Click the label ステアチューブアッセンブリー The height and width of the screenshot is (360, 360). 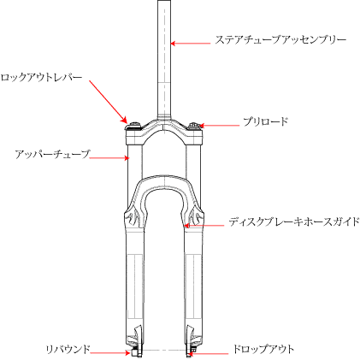pyautogui.click(x=280, y=40)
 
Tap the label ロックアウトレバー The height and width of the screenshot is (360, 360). pyautogui.click(x=41, y=77)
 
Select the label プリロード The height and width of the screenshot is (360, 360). pyautogui.click(x=266, y=121)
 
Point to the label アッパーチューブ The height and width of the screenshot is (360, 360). pyautogui.click(x=53, y=154)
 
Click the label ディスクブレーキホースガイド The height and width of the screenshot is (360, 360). pyautogui.click(x=294, y=221)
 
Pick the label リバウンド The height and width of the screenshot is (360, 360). pyautogui.click(x=68, y=349)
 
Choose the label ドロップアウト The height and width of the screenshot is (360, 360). pyautogui.click(x=263, y=349)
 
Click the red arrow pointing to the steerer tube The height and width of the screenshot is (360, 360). pyautogui.click(x=191, y=44)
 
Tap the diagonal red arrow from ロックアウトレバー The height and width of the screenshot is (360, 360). pyautogui.click(x=108, y=102)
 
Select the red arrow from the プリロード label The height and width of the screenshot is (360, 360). pyautogui.click(x=220, y=126)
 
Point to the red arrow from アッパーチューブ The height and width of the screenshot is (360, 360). pyautogui.click(x=109, y=157)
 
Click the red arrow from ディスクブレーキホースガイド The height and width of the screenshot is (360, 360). pyautogui.click(x=204, y=226)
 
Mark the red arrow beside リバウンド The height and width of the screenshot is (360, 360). pyautogui.click(x=110, y=353)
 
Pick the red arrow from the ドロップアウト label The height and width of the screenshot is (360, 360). pyautogui.click(x=209, y=354)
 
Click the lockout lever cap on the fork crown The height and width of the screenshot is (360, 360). pyautogui.click(x=134, y=126)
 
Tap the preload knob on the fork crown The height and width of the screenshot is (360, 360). pyautogui.click(x=195, y=126)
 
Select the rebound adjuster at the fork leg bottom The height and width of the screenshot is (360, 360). pyautogui.click(x=134, y=352)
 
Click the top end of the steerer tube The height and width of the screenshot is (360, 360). pyautogui.click(x=164, y=1)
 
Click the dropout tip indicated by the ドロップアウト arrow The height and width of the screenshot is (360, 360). pyautogui.click(x=189, y=354)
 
